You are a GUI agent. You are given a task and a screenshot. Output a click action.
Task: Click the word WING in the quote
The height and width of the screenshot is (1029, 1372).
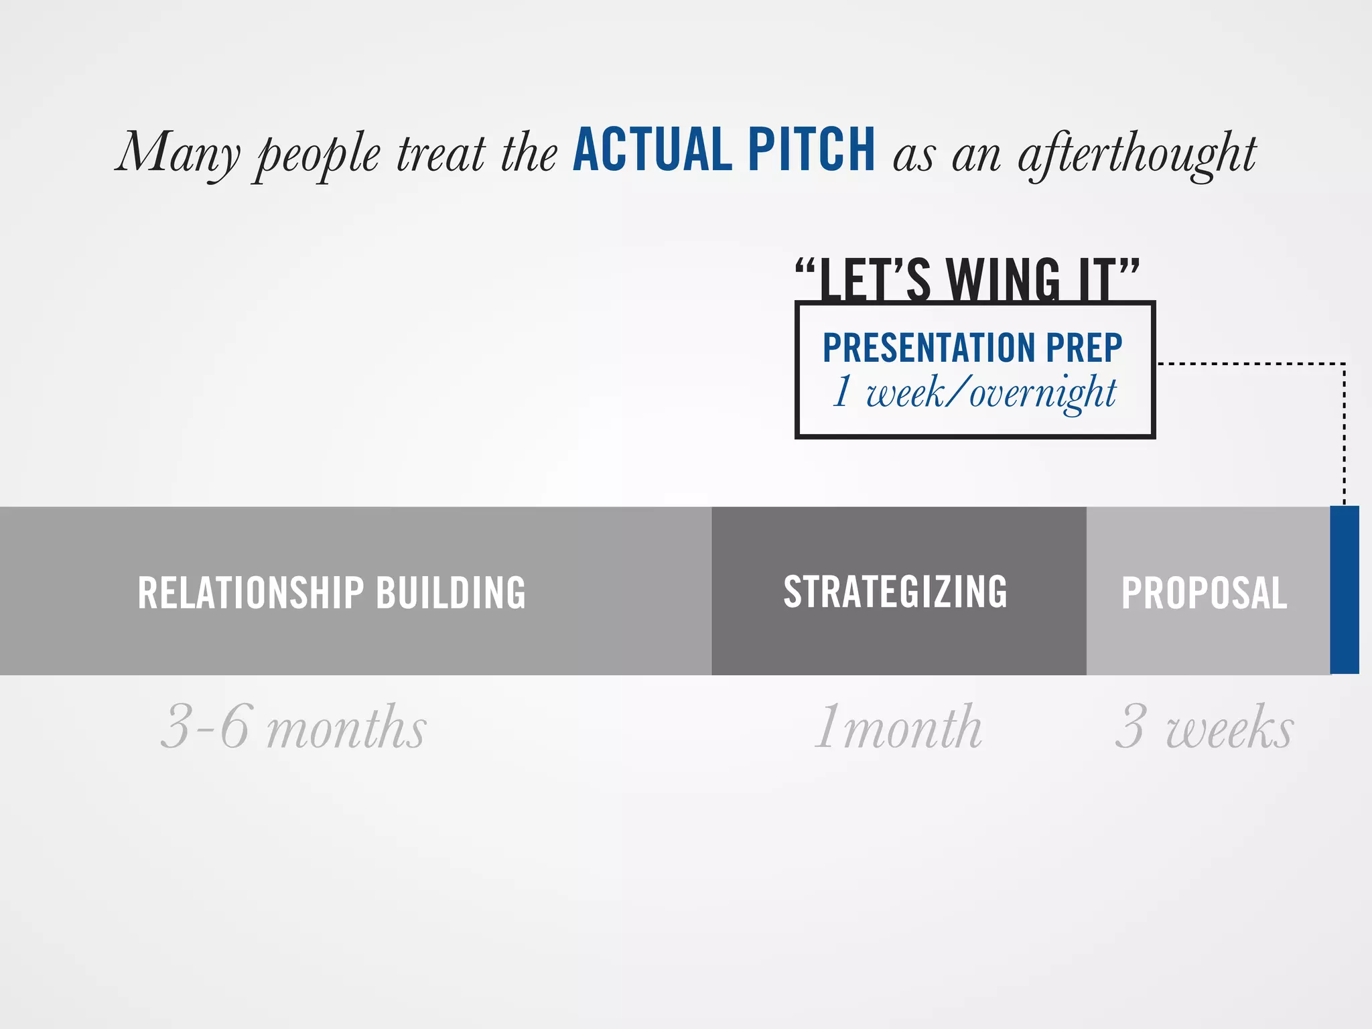click(1003, 280)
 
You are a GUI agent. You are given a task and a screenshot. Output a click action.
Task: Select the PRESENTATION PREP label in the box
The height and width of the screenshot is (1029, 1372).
click(972, 347)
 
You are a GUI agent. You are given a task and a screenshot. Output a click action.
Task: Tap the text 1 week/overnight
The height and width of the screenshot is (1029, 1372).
click(974, 393)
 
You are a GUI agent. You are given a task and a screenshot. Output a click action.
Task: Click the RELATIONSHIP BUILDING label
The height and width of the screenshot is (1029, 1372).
click(332, 593)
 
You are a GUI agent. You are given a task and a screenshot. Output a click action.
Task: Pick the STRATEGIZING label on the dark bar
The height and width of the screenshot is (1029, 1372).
click(895, 592)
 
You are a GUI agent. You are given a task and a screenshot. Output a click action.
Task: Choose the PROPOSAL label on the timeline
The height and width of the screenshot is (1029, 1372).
click(1204, 593)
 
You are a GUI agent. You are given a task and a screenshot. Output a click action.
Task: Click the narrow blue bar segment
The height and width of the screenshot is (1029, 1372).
click(1344, 590)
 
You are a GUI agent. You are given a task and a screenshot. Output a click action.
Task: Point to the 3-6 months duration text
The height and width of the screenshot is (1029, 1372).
click(293, 728)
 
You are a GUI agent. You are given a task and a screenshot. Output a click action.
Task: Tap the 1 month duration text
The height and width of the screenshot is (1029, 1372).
click(898, 728)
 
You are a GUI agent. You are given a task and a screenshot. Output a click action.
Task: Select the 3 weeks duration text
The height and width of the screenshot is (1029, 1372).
click(1204, 728)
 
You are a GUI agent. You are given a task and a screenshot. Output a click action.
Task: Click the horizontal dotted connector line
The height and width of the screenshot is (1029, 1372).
click(1249, 364)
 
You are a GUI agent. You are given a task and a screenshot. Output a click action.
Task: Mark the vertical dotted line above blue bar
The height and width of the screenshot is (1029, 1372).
click(1344, 435)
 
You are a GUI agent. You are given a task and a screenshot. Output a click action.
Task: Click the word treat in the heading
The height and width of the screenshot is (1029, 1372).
click(441, 154)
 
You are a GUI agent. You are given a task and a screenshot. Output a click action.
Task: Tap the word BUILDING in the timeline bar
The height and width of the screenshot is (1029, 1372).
click(451, 593)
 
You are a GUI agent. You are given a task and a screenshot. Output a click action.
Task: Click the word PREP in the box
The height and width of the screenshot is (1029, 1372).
click(1084, 347)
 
